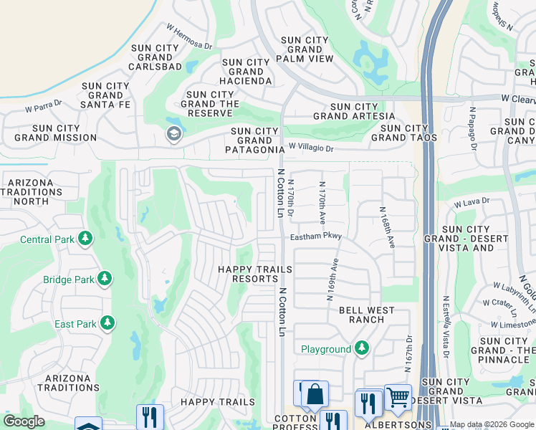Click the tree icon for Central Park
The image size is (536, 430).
85,238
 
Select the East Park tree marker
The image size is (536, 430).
107,323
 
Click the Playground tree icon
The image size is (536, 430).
362,348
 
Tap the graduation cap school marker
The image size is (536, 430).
173,134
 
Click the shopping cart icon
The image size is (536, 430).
398,396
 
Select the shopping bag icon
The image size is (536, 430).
315,393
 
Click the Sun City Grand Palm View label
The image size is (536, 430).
307,49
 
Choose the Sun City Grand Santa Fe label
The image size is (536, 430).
105,95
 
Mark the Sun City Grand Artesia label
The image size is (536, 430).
353,111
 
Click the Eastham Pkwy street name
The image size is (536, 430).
316,236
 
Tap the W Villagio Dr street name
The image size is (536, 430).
311,148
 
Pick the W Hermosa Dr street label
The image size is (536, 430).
189,37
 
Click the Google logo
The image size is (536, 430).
24,421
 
